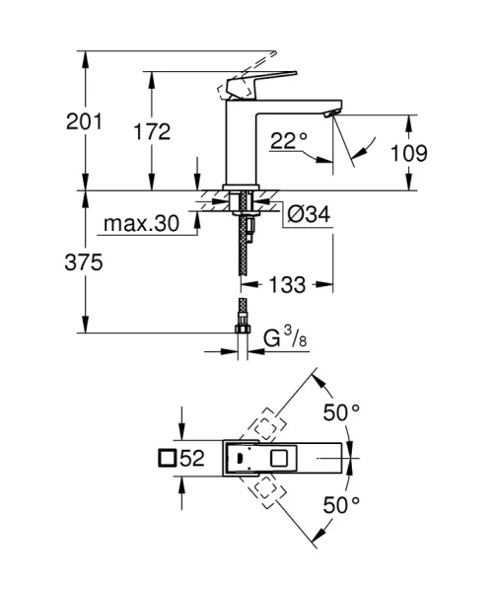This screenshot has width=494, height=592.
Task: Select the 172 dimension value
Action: pos(153,131)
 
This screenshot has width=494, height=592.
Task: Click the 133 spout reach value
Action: pos(288,284)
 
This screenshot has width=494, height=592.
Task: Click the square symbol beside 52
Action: pos(167,458)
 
